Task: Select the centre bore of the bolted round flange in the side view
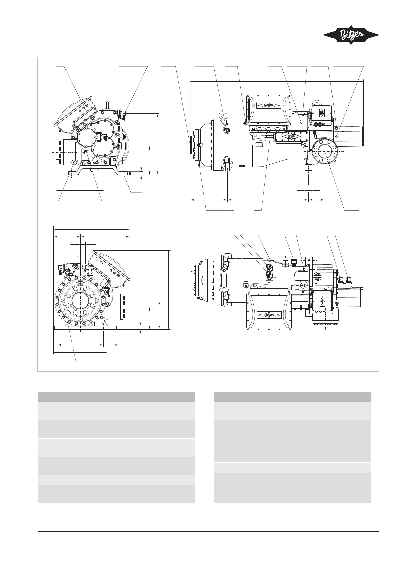325,151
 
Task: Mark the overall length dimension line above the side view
277,81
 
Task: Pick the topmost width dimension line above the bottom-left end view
92,229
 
